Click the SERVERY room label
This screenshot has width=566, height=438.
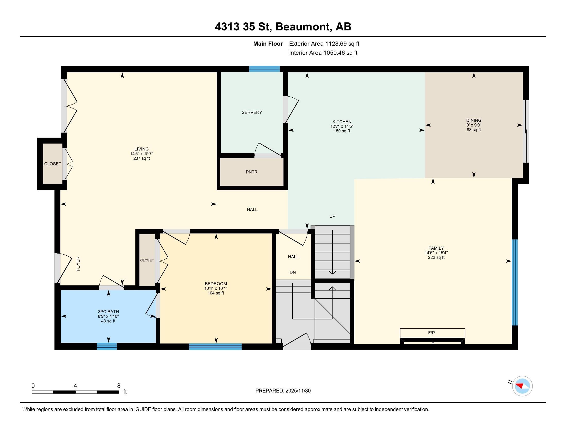click(x=252, y=112)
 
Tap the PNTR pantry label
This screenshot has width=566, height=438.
click(x=251, y=172)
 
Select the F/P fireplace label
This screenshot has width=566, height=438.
click(x=431, y=333)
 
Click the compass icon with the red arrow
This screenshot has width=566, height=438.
click(x=522, y=386)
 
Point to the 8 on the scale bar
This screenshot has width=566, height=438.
click(x=119, y=386)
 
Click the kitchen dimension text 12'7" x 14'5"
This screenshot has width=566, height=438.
click(x=342, y=126)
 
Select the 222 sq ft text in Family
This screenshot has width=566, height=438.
click(x=436, y=257)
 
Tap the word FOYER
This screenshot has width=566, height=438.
click(x=78, y=264)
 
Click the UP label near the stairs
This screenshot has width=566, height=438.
click(x=332, y=216)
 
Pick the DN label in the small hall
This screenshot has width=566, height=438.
click(x=293, y=272)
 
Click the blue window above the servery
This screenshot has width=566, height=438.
click(x=264, y=69)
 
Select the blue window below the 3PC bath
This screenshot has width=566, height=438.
click(x=107, y=346)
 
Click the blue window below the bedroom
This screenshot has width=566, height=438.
click(x=215, y=346)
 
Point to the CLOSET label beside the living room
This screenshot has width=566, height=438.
click(x=52, y=164)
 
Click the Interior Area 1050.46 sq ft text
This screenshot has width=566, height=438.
click(x=323, y=53)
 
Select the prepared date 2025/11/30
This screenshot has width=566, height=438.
click(x=297, y=391)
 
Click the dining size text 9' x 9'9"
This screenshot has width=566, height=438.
click(x=473, y=125)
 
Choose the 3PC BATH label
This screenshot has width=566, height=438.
click(x=108, y=312)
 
